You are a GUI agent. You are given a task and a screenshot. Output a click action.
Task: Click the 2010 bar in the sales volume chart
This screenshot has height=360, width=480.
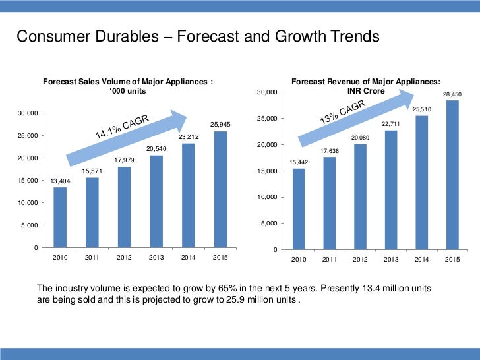(60, 217)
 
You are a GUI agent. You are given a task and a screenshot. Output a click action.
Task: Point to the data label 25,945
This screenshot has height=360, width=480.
(220, 124)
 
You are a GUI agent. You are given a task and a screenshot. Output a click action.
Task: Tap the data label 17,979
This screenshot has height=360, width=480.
(124, 160)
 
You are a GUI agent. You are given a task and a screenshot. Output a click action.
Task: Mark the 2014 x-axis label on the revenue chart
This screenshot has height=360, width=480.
(421, 260)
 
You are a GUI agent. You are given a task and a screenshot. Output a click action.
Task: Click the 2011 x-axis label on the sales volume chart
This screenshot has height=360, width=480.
(92, 258)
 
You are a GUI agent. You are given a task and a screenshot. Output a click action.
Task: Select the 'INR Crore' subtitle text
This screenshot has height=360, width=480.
(366, 90)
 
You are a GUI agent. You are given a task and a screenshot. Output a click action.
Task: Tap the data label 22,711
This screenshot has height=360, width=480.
(391, 123)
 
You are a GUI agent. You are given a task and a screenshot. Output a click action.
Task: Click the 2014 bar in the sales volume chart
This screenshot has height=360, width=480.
(188, 195)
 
